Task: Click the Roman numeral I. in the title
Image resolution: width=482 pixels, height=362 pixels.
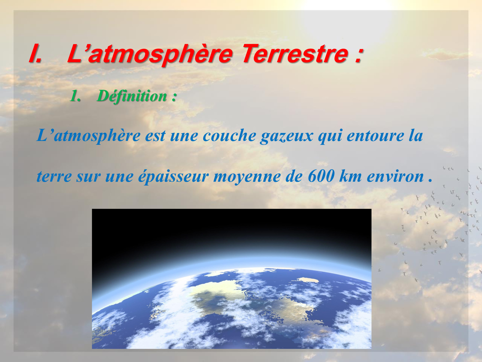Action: point(36,53)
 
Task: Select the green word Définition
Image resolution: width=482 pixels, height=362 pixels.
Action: point(132,96)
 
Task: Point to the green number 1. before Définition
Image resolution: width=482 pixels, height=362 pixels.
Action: point(75,96)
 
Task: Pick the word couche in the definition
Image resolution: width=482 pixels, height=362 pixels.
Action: point(229,135)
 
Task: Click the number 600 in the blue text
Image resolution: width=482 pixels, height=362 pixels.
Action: point(321,176)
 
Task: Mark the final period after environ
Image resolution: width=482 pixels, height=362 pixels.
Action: point(430,181)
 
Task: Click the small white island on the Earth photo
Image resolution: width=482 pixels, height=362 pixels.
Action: point(309,280)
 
